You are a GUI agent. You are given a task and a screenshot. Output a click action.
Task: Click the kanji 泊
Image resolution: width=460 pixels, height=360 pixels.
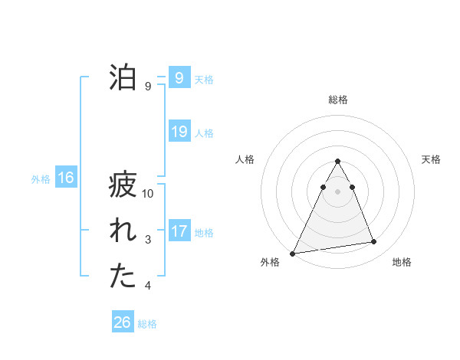(123, 79)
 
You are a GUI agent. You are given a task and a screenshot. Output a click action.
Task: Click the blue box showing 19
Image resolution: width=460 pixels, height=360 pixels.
(179, 132)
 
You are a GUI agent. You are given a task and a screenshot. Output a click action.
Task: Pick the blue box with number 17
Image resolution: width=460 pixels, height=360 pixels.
(179, 231)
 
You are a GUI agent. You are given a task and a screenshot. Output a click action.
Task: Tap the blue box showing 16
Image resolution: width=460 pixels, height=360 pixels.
(65, 178)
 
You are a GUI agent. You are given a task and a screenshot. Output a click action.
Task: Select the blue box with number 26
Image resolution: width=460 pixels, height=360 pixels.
(123, 322)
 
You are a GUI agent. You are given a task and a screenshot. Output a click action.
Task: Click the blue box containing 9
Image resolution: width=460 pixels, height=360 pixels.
(179, 78)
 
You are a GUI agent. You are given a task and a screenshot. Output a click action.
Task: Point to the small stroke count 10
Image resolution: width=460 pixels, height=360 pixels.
(148, 194)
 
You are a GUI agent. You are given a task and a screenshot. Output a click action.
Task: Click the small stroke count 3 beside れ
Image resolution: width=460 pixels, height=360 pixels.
(148, 241)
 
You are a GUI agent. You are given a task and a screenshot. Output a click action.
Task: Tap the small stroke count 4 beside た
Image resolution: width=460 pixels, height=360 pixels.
(148, 286)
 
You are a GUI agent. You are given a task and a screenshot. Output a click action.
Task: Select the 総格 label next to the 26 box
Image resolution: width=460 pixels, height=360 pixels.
(147, 324)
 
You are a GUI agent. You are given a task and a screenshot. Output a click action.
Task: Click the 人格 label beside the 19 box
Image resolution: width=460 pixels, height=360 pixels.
(204, 133)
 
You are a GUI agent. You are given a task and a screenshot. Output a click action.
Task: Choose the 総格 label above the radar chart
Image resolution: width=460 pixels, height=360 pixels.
(337, 100)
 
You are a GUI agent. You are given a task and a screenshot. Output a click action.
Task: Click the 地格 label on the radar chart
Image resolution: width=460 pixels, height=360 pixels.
(402, 262)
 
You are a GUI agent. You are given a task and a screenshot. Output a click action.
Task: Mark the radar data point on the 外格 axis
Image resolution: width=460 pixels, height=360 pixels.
(293, 253)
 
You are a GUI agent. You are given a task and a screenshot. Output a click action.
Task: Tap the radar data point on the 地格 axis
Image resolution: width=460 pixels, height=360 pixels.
(374, 242)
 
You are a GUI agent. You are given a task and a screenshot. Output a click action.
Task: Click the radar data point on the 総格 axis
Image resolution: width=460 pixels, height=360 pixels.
(337, 162)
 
